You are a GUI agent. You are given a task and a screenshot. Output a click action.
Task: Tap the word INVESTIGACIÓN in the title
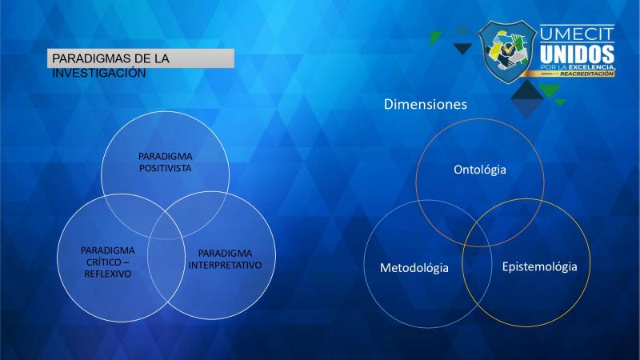(x=98, y=73)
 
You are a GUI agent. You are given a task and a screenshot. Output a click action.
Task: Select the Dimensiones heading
(x=426, y=104)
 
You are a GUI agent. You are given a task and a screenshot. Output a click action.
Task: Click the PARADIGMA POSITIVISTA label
(x=166, y=162)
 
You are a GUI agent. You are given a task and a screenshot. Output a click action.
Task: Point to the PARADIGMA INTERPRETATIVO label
(x=225, y=259)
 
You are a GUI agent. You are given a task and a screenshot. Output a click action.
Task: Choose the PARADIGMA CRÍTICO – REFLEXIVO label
(x=108, y=262)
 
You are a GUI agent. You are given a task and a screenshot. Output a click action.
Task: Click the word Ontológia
(x=480, y=170)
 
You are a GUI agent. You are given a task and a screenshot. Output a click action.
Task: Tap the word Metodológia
(x=414, y=268)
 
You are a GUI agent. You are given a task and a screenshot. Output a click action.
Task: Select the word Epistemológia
(x=539, y=267)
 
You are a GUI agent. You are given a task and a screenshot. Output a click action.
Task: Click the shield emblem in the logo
(x=507, y=52)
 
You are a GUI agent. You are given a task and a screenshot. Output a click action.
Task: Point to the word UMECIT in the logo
(x=577, y=34)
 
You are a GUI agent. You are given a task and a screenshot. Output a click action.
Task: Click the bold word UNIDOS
(x=577, y=54)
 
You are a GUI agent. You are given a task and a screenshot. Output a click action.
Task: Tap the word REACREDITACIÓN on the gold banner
(x=586, y=74)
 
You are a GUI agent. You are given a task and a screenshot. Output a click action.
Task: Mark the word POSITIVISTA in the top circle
(x=166, y=168)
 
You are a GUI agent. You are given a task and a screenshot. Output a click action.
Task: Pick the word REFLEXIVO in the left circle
(x=108, y=274)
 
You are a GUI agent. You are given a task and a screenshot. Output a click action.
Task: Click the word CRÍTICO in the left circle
(x=104, y=262)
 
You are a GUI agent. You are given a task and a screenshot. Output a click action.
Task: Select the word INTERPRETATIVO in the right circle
(x=225, y=266)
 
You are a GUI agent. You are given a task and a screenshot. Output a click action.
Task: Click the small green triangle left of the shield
(x=434, y=37)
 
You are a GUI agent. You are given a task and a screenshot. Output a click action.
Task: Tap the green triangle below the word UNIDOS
(x=550, y=90)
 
